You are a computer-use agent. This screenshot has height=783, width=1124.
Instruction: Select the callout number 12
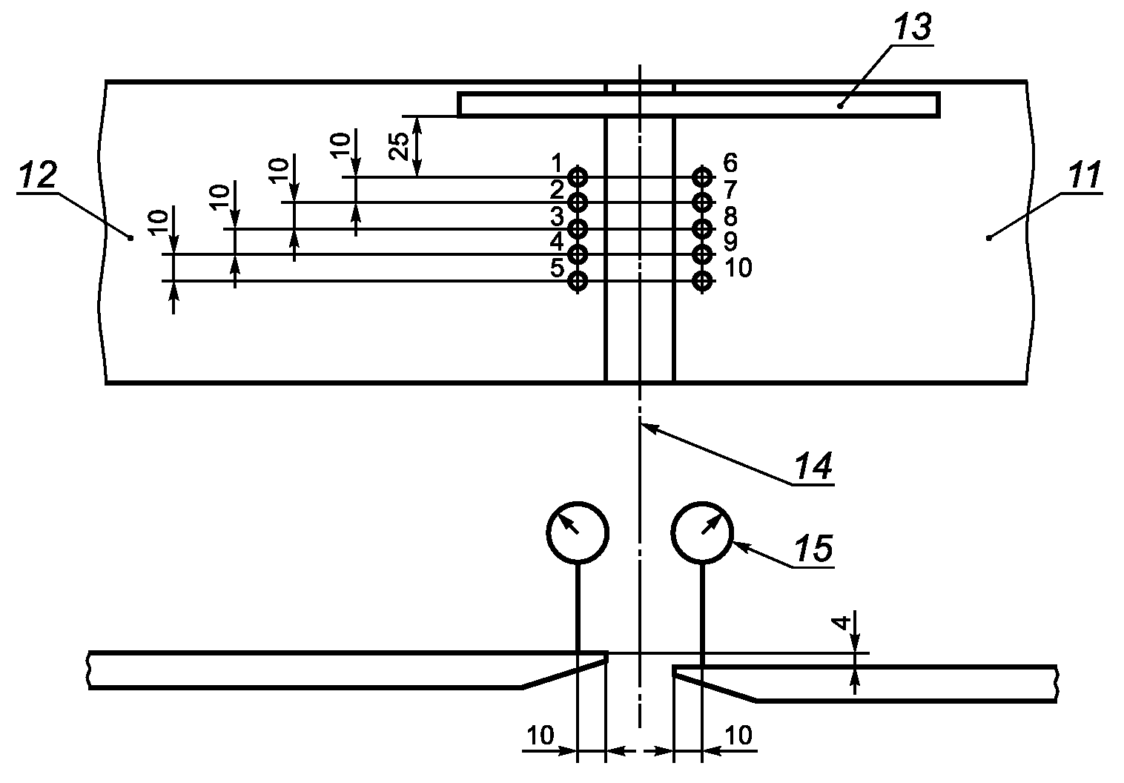coord(37,175)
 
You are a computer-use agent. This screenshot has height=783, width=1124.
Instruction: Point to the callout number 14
coord(813,466)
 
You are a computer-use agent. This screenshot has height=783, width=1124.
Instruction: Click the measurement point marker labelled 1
coord(578,177)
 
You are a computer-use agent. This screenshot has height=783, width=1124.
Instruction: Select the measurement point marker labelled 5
coord(578,281)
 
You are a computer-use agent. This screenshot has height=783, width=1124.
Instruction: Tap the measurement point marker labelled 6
coord(702,177)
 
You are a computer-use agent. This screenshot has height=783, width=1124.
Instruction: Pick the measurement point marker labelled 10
coord(702,281)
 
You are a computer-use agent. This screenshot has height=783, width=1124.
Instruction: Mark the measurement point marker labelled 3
coord(578,229)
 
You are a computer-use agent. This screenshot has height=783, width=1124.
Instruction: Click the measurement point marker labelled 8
coord(702,229)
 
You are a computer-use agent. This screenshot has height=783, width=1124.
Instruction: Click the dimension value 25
coord(400,146)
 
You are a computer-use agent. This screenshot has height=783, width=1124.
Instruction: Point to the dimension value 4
coord(842,623)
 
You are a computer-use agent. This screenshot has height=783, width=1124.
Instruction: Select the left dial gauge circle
coord(578,503)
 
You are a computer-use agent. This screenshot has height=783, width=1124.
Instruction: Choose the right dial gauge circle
coord(702,503)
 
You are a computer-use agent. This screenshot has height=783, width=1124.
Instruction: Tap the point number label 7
coord(730,190)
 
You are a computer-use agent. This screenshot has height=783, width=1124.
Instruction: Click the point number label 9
coord(730,242)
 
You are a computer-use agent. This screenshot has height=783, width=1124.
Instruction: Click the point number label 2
coord(557,191)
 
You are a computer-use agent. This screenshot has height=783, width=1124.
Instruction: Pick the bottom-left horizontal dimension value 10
coord(540,736)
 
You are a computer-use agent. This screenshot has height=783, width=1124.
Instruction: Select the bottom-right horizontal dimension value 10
coord(738,736)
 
